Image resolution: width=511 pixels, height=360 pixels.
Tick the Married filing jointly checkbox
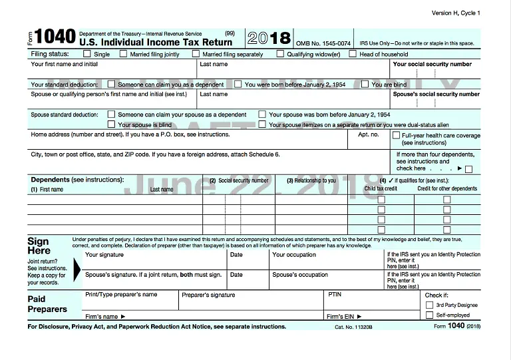point(123,54)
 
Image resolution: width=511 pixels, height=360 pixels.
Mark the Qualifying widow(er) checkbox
point(280,54)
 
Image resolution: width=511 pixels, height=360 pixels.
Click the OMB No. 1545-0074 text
point(323,43)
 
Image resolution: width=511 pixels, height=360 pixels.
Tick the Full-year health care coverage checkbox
point(395,135)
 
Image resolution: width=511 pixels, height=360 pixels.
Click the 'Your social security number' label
point(432,65)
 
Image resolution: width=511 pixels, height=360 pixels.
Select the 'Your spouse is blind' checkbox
point(111,124)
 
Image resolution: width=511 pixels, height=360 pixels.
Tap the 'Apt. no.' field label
point(368,134)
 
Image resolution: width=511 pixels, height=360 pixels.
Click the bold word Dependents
point(50,180)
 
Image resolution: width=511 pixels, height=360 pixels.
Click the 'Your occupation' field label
point(294,255)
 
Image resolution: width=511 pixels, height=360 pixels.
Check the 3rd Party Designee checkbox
point(429,305)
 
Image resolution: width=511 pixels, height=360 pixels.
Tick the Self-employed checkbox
point(429,315)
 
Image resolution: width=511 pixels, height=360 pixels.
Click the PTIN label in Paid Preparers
point(335,293)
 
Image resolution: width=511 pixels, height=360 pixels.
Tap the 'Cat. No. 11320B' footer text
point(353,327)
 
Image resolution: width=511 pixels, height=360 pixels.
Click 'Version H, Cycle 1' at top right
point(455,13)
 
